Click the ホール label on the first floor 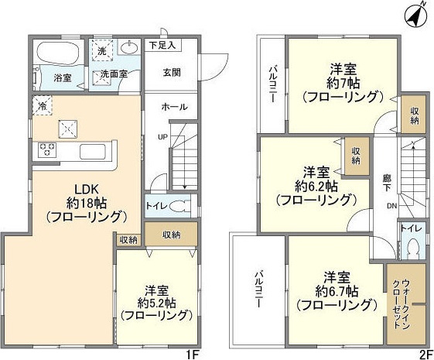click(173, 108)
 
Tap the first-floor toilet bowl click(177, 207)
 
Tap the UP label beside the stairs click(162, 137)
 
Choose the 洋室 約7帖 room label click(343, 81)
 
